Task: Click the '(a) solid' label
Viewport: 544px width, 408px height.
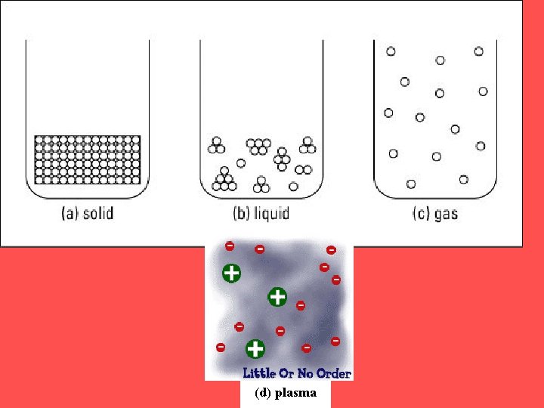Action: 87,213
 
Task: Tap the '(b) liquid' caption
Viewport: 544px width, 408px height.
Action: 261,213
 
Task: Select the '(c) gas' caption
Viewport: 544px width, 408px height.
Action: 434,213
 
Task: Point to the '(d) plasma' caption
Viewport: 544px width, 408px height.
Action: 286,393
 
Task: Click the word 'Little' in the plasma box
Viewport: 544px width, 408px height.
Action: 258,373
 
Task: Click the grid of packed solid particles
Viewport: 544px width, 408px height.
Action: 88,159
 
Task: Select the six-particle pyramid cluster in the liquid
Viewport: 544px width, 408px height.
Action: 224,180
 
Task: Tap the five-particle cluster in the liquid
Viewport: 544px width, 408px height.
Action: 258,146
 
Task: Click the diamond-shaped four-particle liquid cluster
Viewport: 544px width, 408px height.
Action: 282,156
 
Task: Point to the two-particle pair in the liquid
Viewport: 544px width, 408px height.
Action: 304,169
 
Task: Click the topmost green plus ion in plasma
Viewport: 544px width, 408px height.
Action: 231,273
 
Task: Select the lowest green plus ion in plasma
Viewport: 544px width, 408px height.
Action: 255,348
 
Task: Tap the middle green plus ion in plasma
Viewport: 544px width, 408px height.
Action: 277,296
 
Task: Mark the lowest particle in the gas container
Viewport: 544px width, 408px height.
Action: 411,184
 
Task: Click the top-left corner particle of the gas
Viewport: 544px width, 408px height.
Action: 391,51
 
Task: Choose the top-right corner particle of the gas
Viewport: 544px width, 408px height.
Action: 478,51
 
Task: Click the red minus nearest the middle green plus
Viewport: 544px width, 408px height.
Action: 301,305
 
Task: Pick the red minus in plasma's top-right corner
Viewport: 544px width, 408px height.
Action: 331,250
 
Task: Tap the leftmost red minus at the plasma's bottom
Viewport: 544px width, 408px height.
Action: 221,348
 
